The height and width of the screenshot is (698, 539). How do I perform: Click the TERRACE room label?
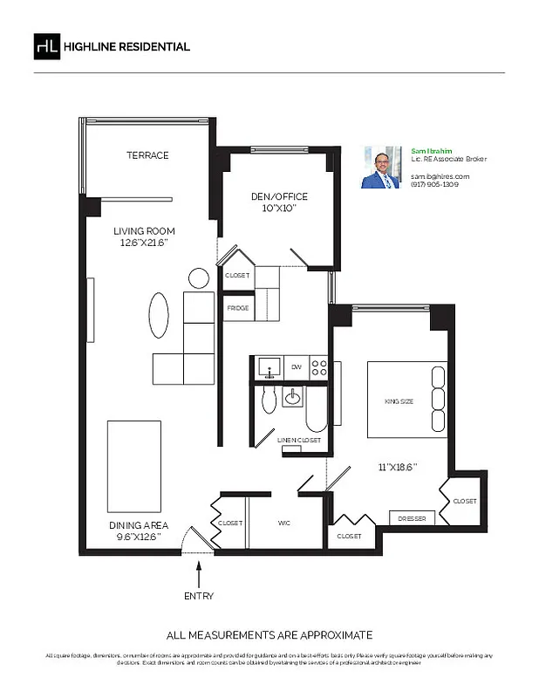click(x=147, y=155)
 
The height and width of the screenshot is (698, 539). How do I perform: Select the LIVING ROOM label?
click(x=144, y=231)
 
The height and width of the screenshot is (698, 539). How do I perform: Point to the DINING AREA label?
click(x=139, y=525)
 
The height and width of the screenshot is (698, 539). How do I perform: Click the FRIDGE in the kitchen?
click(x=238, y=308)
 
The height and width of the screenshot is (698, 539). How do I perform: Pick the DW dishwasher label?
click(x=296, y=367)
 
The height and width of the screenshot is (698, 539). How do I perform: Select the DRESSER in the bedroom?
click(x=412, y=519)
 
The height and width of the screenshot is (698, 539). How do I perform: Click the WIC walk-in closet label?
click(x=283, y=523)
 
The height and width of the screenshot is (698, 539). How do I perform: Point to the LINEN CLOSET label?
click(x=299, y=441)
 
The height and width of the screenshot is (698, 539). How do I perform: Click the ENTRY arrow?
click(x=199, y=574)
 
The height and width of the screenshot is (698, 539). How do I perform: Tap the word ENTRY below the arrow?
click(x=199, y=597)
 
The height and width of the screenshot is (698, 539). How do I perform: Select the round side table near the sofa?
click(x=199, y=278)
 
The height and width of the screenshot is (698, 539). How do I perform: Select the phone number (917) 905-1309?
click(x=435, y=185)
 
